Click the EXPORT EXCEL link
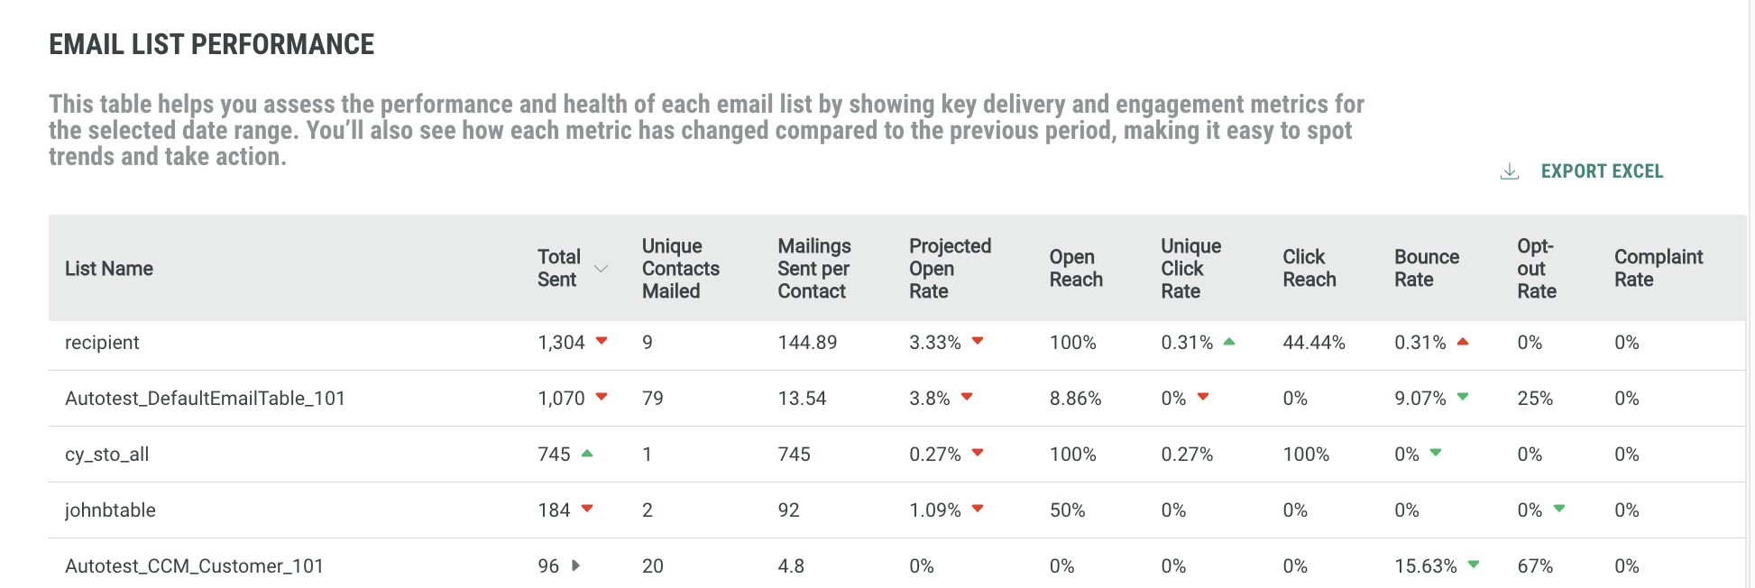1601,171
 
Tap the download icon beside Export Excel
1509,171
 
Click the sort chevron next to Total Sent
601,269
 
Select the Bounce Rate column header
1426,268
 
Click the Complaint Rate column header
1658,268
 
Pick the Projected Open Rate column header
949,268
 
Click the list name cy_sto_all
106,455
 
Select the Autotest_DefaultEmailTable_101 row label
205,399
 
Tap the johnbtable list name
110,510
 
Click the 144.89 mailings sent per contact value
807,343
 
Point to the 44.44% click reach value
1313,343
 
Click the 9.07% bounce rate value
1420,399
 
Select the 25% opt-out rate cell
1534,399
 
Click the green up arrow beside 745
587,454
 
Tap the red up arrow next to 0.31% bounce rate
1463,342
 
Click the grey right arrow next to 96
575,565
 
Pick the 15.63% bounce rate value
1425,566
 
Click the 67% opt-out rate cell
1534,566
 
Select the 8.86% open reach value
1075,399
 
